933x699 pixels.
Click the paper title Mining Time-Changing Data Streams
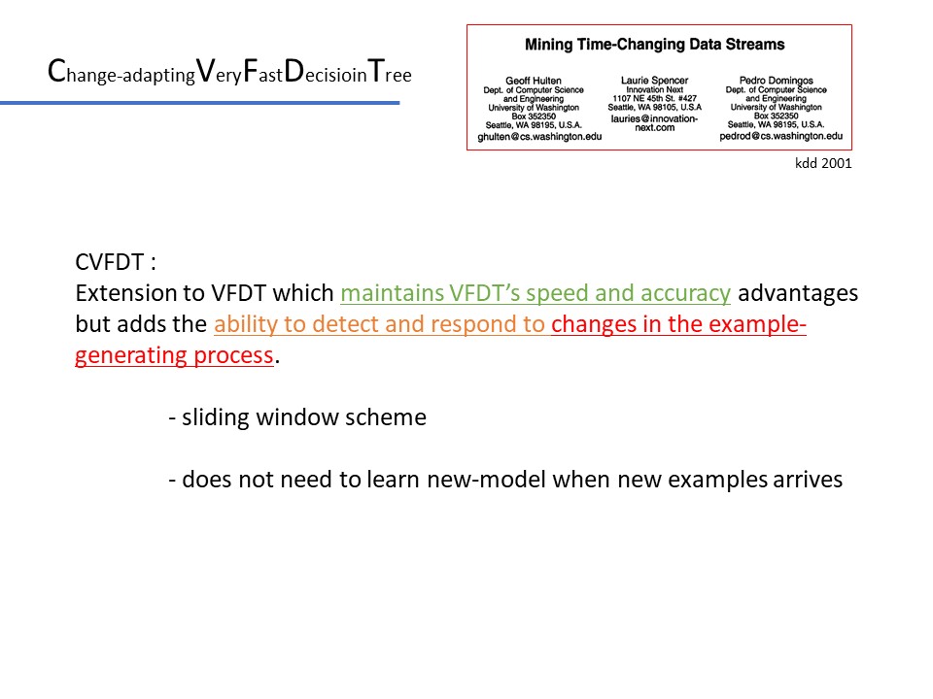654,45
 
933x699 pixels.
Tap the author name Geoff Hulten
534,81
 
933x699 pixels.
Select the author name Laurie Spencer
654,81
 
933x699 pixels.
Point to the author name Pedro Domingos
776,81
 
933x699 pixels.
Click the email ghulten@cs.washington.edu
539,137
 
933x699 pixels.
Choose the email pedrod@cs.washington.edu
780,136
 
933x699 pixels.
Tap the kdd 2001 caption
823,163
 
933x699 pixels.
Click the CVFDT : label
116,262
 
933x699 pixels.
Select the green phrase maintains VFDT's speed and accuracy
536,293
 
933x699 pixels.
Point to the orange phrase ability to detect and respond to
379,324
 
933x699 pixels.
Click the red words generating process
174,355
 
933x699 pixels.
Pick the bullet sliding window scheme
297,417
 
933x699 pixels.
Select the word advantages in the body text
798,293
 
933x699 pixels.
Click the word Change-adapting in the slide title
121,71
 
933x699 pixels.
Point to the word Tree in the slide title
390,71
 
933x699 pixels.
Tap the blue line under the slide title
200,103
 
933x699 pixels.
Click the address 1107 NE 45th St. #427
654,98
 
